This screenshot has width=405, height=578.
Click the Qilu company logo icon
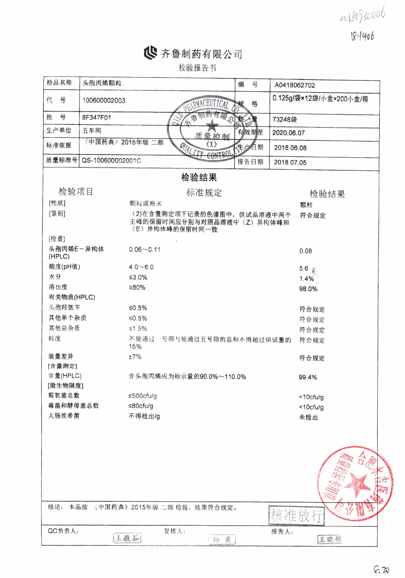click(x=150, y=53)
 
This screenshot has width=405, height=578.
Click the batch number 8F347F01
click(x=96, y=117)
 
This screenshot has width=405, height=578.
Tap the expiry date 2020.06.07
click(x=288, y=133)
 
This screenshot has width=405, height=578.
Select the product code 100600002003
click(x=104, y=101)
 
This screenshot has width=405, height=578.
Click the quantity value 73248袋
click(x=285, y=119)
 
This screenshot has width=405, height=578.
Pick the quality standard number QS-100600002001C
click(x=111, y=160)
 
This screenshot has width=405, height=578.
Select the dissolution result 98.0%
click(x=308, y=289)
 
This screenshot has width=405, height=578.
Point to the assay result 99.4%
click(x=308, y=377)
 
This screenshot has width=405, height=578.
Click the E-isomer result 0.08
click(x=306, y=251)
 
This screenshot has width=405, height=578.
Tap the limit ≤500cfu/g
click(x=143, y=396)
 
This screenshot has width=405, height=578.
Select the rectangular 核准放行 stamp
click(x=296, y=515)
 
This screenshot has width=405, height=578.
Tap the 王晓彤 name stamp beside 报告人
click(x=330, y=539)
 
